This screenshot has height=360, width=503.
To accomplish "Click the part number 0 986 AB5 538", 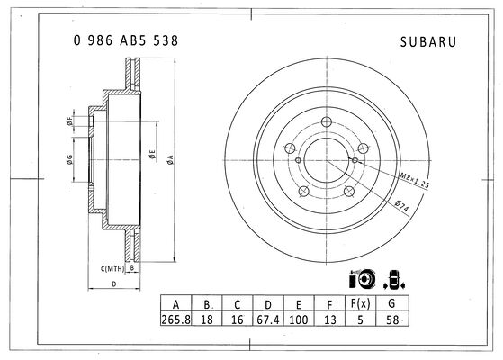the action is coord(126,40).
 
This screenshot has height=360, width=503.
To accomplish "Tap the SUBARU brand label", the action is coord(428,42).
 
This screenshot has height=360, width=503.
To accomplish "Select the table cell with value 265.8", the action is coord(175,319).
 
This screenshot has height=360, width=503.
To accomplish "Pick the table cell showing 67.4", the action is coord(268,319).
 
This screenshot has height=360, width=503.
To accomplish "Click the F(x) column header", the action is coord(360,303).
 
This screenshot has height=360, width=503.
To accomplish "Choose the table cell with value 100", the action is coord(299,319).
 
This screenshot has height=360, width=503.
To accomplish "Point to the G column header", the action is coord(392,303).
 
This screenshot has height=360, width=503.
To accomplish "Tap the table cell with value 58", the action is coord(392,319).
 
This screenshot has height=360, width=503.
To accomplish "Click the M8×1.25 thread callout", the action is coord(414,180).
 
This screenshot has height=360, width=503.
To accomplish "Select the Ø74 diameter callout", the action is coord(402,205).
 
